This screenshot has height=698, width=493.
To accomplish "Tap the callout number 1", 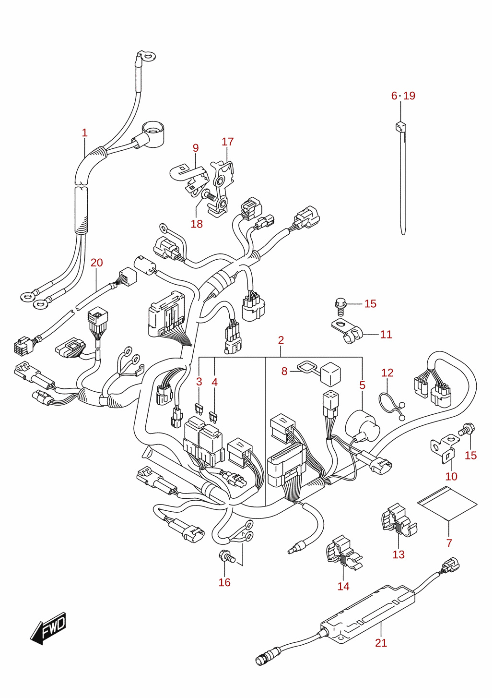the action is tap(85, 133).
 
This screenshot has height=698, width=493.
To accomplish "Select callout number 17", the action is tap(227, 142).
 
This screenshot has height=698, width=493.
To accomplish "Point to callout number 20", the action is tap(96, 263).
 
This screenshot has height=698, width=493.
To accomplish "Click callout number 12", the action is tap(387, 373).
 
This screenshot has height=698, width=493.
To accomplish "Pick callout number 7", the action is tap(449, 543).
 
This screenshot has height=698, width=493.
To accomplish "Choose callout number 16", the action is tap(224, 582).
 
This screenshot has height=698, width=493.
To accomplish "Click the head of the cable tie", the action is tap(401, 127).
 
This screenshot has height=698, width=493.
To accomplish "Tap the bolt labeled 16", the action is tap(227, 556).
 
